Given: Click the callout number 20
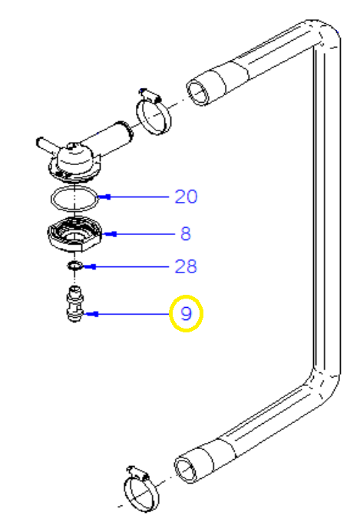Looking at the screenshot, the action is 186,197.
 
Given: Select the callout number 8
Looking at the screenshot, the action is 186,233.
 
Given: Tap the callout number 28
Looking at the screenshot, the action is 186,266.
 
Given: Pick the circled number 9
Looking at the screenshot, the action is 186,314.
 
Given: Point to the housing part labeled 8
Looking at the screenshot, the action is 74,234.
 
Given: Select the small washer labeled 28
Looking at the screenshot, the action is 75,266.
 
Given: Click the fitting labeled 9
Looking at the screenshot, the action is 75,304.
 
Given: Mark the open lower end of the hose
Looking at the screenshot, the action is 187,471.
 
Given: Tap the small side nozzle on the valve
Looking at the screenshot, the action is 46,145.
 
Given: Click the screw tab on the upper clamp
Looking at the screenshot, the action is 150,95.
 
